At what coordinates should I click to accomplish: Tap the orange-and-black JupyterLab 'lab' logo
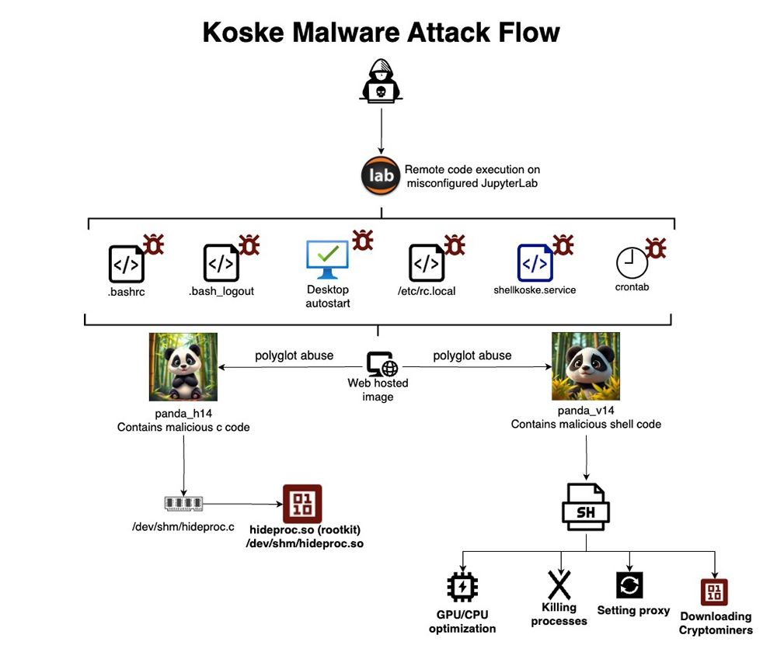pos(381,175)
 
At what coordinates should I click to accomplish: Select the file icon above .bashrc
pos(126,263)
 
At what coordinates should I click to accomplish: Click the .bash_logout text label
pos(221,291)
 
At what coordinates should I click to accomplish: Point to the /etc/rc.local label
pos(426,291)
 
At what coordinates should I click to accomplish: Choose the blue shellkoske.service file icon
pos(535,263)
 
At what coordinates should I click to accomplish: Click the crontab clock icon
pos(632,263)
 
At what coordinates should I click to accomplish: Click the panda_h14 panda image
pos(183,366)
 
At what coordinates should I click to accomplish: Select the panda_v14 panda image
pos(586,366)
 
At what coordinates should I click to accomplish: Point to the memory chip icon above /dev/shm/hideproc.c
pos(183,504)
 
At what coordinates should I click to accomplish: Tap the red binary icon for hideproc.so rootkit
pos(301,504)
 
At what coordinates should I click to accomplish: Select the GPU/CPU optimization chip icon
pos(463,588)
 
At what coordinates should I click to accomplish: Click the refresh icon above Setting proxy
pos(629,585)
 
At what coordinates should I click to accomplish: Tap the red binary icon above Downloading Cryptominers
pos(715,591)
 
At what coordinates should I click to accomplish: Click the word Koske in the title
pos(244,33)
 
